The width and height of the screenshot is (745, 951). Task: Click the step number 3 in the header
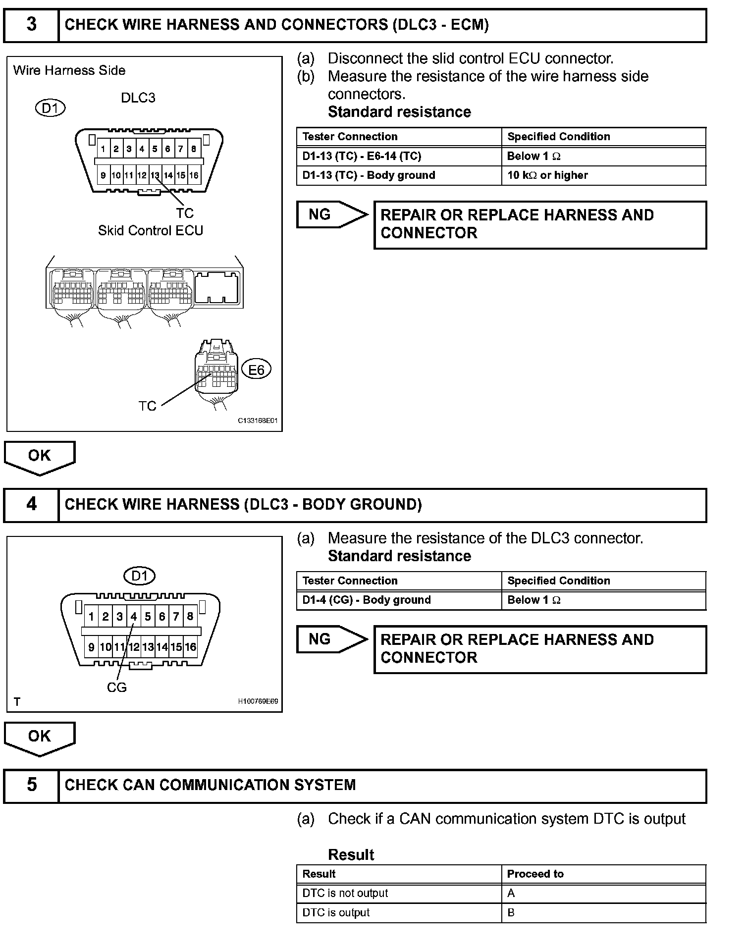point(31,25)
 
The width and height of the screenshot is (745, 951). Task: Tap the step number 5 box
point(31,785)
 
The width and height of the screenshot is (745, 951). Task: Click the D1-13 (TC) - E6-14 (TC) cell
point(399,156)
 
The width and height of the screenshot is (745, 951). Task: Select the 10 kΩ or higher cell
point(603,175)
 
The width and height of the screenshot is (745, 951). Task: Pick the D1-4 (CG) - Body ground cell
point(399,600)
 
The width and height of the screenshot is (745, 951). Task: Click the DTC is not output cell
point(399,893)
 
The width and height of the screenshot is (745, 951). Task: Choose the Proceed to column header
point(603,874)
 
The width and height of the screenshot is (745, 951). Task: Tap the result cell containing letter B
point(603,912)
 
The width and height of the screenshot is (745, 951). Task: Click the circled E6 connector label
point(256,370)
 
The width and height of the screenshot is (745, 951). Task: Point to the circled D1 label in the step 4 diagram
point(139,576)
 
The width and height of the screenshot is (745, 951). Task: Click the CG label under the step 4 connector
point(117,687)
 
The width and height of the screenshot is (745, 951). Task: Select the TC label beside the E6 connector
point(148,406)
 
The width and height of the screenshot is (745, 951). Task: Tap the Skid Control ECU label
point(151,231)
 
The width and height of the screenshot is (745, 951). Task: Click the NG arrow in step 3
point(331,214)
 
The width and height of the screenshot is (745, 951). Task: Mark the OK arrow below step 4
point(40,738)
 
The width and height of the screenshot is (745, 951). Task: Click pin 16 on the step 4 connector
point(190,647)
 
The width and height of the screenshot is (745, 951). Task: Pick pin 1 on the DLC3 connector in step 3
point(103,149)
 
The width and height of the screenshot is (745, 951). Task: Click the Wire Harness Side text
point(69,70)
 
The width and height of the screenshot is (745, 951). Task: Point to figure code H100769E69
point(258,701)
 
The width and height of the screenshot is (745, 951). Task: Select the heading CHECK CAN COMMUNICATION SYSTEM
point(210,785)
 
